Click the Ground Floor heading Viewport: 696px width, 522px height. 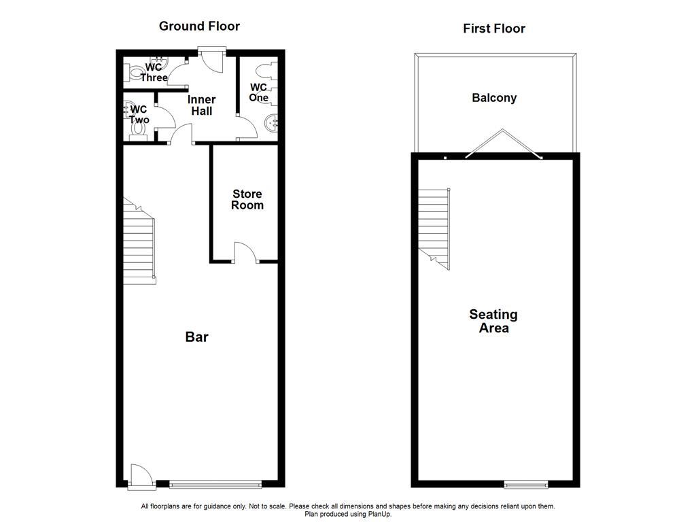point(199,27)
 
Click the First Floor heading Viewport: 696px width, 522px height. point(494,29)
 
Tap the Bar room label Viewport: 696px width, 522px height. point(196,337)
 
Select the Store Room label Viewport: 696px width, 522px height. point(247,200)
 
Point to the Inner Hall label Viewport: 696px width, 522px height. point(201,105)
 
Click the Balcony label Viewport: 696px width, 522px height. point(494,98)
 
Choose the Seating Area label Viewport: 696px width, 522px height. point(493,321)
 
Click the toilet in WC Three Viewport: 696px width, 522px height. point(134,71)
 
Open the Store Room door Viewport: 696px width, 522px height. point(245,253)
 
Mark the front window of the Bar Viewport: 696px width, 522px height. point(215,485)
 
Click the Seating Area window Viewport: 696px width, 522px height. point(526,485)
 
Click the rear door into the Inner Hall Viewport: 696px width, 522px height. point(212,58)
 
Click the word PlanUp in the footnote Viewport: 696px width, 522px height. point(379,515)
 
